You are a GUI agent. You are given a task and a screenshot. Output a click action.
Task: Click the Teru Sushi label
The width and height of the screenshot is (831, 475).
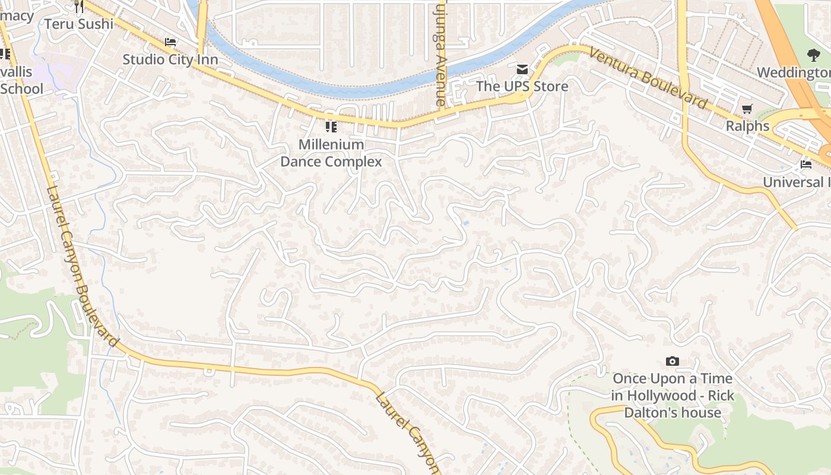click(79, 24)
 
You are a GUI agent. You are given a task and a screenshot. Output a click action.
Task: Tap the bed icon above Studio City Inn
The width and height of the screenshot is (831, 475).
click(170, 42)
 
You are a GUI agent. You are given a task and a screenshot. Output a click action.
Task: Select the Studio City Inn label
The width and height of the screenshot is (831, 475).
click(170, 59)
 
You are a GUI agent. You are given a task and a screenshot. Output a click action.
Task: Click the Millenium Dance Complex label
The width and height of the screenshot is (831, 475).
click(331, 153)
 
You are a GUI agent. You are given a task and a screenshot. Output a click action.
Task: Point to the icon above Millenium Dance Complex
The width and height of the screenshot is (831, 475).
click(331, 126)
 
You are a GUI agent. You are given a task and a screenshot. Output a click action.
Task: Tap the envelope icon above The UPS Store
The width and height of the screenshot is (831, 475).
click(522, 69)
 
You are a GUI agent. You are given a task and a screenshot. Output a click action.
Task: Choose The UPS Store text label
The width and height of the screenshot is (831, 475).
click(522, 86)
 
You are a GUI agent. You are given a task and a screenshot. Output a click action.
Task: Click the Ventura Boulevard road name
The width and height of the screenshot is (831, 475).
click(648, 78)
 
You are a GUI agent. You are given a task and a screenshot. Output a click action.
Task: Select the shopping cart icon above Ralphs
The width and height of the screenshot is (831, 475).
click(747, 109)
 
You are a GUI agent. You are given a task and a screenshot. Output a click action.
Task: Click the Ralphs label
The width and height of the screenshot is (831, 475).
click(747, 126)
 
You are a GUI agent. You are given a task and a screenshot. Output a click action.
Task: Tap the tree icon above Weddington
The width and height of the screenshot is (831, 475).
click(813, 55)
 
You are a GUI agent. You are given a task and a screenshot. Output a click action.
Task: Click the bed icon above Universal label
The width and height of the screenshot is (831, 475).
click(805, 164)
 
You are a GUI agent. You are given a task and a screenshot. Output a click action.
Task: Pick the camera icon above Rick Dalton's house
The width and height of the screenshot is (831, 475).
click(672, 361)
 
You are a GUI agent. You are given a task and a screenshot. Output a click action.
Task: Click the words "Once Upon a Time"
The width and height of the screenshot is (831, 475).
click(672, 378)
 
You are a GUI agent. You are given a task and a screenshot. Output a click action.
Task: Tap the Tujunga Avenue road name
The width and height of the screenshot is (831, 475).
click(440, 53)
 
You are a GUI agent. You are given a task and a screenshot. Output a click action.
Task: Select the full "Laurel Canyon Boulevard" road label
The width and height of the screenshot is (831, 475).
click(83, 267)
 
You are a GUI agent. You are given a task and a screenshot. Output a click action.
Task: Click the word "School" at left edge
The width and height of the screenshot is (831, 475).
click(22, 89)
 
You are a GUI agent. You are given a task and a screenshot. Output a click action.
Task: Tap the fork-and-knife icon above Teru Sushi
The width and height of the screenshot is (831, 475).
click(78, 7)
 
